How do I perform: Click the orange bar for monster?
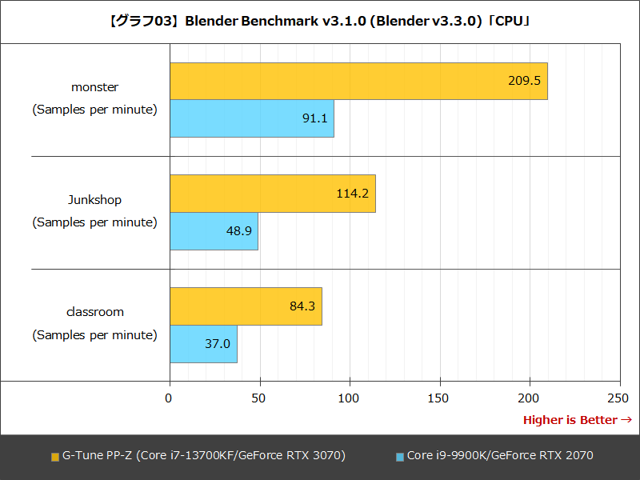tap(358, 81)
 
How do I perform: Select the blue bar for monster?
tap(252, 118)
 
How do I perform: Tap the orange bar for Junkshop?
tap(273, 194)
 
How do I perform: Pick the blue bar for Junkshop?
tap(214, 231)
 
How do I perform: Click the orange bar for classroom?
tap(246, 306)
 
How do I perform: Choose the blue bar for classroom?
tap(203, 344)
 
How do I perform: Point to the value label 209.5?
tap(524, 81)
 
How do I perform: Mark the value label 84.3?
tap(302, 306)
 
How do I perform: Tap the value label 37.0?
tap(218, 344)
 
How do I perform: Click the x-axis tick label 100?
tap(350, 398)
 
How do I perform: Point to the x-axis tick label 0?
tap(169, 398)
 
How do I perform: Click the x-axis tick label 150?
tap(439, 398)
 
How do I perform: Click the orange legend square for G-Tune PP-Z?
tap(55, 457)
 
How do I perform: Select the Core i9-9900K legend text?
tap(500, 456)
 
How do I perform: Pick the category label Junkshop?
tap(94, 200)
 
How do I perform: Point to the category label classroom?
tap(94, 312)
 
